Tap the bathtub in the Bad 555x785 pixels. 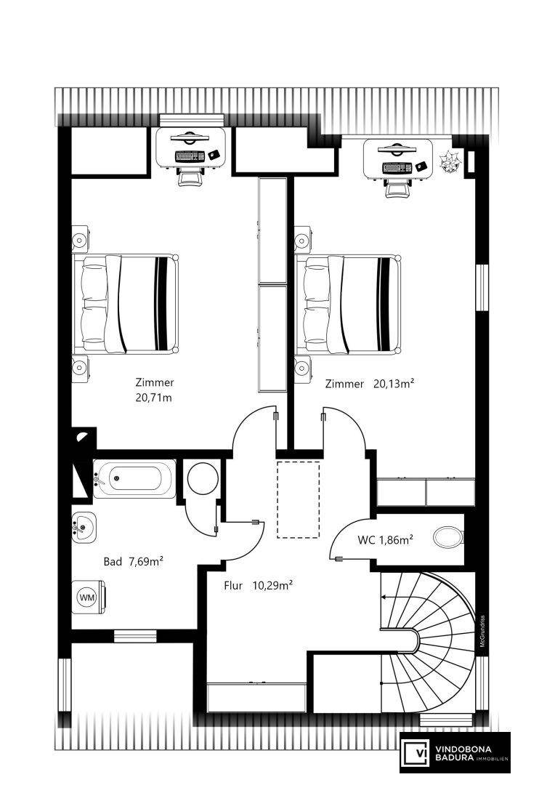pos(134,478)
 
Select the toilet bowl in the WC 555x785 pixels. pos(449,538)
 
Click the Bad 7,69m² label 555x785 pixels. pos(134,562)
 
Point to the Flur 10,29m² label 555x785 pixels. pos(258,585)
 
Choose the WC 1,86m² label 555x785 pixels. pos(385,540)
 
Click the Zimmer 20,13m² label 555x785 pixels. pos(370,384)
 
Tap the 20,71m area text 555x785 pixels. pos(153,398)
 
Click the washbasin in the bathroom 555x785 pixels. pos(84,528)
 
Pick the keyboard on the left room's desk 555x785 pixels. pos(190,156)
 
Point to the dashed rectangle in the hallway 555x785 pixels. pos(299,500)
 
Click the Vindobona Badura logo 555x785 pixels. pos(455,752)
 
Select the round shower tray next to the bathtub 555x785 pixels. pos(203,479)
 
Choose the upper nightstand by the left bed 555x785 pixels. pos(81,239)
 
